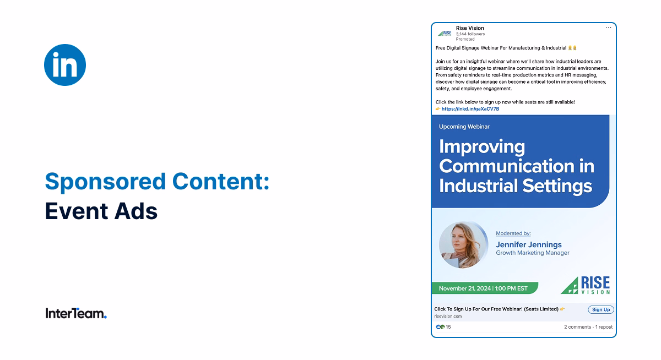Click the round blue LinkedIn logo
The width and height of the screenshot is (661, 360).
65,65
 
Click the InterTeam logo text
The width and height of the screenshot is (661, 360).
76,314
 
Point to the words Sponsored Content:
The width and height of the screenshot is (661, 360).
157,181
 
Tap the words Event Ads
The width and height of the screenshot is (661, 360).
101,211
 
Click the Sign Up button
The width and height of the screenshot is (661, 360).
600,310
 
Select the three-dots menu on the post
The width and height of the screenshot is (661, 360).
608,28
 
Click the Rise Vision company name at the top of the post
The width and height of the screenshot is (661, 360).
470,28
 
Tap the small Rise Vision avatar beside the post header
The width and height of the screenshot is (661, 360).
445,33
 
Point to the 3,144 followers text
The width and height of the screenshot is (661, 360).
470,34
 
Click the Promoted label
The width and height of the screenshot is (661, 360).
465,40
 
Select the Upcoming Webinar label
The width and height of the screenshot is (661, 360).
464,127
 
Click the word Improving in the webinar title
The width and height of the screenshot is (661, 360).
482,147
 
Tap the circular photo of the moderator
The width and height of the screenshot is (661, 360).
463,245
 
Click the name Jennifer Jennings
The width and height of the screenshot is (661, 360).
529,244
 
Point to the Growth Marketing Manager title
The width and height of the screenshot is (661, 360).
533,253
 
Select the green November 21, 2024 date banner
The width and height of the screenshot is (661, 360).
484,288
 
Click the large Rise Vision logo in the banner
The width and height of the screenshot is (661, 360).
586,286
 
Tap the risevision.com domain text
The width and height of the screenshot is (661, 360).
448,317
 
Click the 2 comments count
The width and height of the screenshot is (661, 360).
577,327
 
